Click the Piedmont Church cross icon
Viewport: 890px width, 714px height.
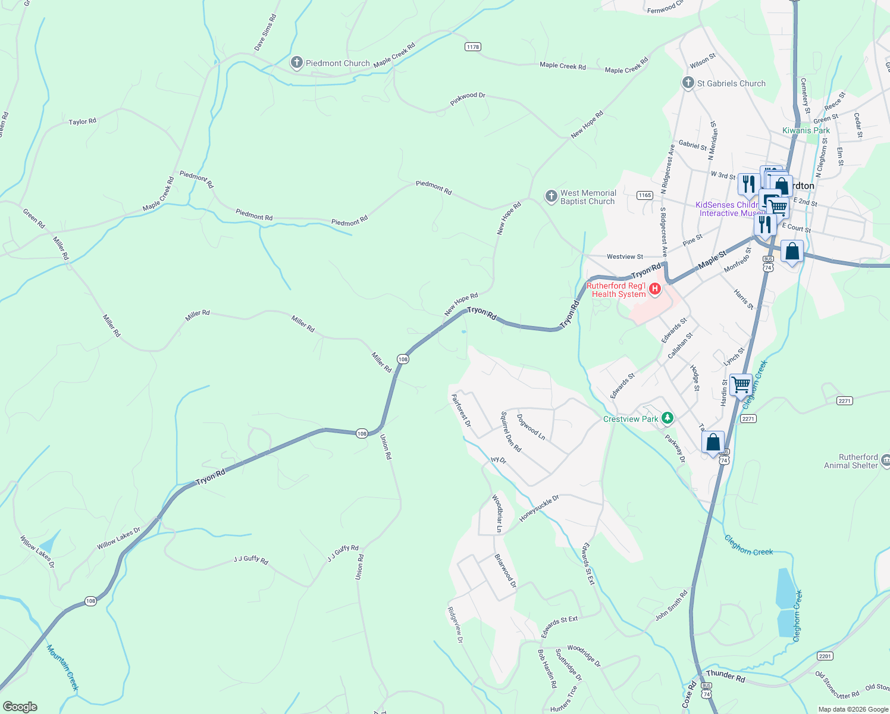coord(296,62)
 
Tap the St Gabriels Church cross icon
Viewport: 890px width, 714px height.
coord(688,83)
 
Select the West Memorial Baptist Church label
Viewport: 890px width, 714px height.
coord(587,197)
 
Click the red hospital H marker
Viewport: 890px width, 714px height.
coord(655,289)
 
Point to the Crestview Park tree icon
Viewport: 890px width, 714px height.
coord(667,418)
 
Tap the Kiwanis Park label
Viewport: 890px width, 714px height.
coord(806,130)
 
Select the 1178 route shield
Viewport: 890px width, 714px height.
coord(472,46)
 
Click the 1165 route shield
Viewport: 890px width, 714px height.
coord(644,195)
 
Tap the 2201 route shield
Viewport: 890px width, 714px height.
coord(825,656)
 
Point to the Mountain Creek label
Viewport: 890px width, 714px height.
coord(62,668)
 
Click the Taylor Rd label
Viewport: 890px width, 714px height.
coord(82,121)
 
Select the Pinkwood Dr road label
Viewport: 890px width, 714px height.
coord(468,99)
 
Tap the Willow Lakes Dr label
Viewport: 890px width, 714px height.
coord(118,538)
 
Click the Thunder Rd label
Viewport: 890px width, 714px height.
coord(725,676)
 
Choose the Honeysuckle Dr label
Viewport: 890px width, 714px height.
coord(539,508)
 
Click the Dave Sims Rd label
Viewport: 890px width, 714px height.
coord(265,33)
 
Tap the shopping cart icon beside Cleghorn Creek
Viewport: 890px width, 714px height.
coord(741,384)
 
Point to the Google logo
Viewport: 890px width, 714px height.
coord(20,706)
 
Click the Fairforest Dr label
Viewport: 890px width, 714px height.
coord(461,411)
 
